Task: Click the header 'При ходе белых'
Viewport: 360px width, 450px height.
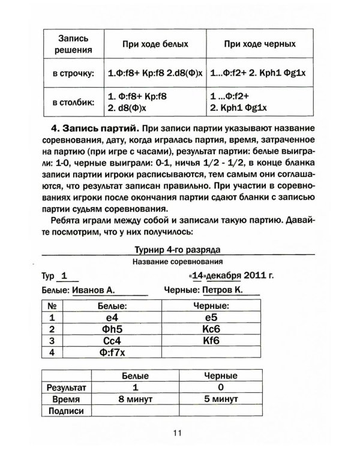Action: [155, 44]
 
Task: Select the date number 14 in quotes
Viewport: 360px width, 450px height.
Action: [198, 276]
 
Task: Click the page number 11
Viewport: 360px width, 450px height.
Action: [178, 433]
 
